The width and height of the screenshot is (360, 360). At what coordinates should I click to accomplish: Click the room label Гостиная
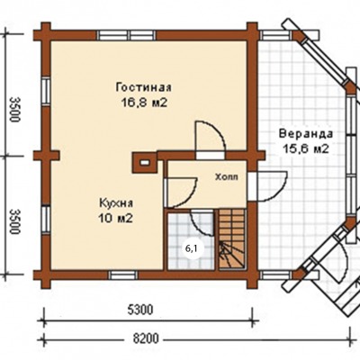[x=144, y=87]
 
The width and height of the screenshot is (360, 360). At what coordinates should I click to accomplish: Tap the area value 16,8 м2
[x=144, y=103]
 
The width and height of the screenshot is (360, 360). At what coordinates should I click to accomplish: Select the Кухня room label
[x=116, y=203]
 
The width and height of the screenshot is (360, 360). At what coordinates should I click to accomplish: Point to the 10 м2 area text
[x=115, y=219]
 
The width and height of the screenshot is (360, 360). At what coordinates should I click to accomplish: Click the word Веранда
[x=306, y=133]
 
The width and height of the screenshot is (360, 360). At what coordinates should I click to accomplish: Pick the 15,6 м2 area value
[x=306, y=148]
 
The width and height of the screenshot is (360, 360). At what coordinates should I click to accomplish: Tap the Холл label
[x=227, y=177]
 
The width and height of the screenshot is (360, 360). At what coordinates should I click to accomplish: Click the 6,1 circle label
[x=191, y=248]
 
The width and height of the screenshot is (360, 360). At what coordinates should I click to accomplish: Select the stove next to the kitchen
[x=145, y=162]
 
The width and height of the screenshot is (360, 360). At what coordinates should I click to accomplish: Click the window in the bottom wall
[x=123, y=274]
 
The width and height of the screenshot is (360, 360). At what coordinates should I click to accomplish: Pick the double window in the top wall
[x=127, y=35]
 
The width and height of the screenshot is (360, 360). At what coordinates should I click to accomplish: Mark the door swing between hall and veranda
[x=272, y=186]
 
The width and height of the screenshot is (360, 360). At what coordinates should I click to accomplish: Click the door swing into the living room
[x=210, y=136]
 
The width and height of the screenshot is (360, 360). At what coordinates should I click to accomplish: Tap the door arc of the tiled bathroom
[x=202, y=223]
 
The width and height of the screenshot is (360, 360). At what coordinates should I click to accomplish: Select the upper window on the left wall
[x=46, y=91]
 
